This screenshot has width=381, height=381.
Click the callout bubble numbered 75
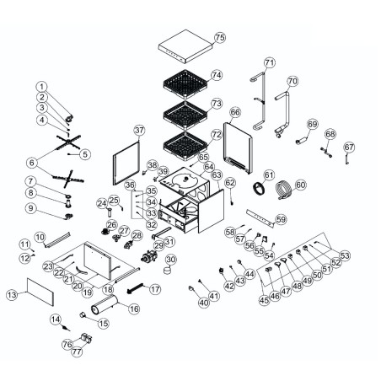coord(220,38)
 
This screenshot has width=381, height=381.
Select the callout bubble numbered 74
coord(217,75)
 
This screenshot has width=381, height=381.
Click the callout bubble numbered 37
coord(140,130)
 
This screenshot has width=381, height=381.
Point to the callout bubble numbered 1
coord(43,87)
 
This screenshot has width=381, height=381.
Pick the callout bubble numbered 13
coord(11,296)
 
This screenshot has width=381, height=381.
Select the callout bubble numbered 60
coord(301,185)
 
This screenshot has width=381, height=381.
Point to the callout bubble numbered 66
coord(235,112)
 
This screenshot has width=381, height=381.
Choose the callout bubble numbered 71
coord(270,62)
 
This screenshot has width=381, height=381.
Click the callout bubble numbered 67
coord(349,148)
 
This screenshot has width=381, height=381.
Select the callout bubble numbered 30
coord(170,260)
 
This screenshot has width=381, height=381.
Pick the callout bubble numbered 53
coord(344,254)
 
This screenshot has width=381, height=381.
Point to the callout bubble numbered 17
coord(154,289)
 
